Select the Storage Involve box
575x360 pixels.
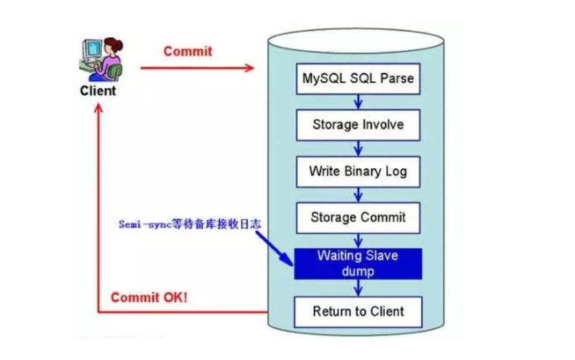[x=358, y=125]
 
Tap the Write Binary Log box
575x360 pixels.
[x=358, y=171]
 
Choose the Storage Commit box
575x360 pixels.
[x=358, y=217]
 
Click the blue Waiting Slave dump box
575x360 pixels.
[x=358, y=264]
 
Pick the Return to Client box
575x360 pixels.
[x=358, y=311]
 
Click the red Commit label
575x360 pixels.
[x=187, y=51]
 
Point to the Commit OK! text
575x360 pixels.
[x=149, y=298]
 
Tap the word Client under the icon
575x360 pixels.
[x=98, y=90]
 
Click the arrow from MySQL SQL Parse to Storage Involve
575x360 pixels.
[x=359, y=102]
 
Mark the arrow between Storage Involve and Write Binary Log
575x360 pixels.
[x=359, y=148]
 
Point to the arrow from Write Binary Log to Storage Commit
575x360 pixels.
[x=359, y=194]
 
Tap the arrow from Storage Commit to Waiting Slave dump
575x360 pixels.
[x=359, y=241]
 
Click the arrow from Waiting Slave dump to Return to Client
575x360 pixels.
[x=359, y=288]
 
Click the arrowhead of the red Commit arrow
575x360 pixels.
[x=250, y=68]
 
